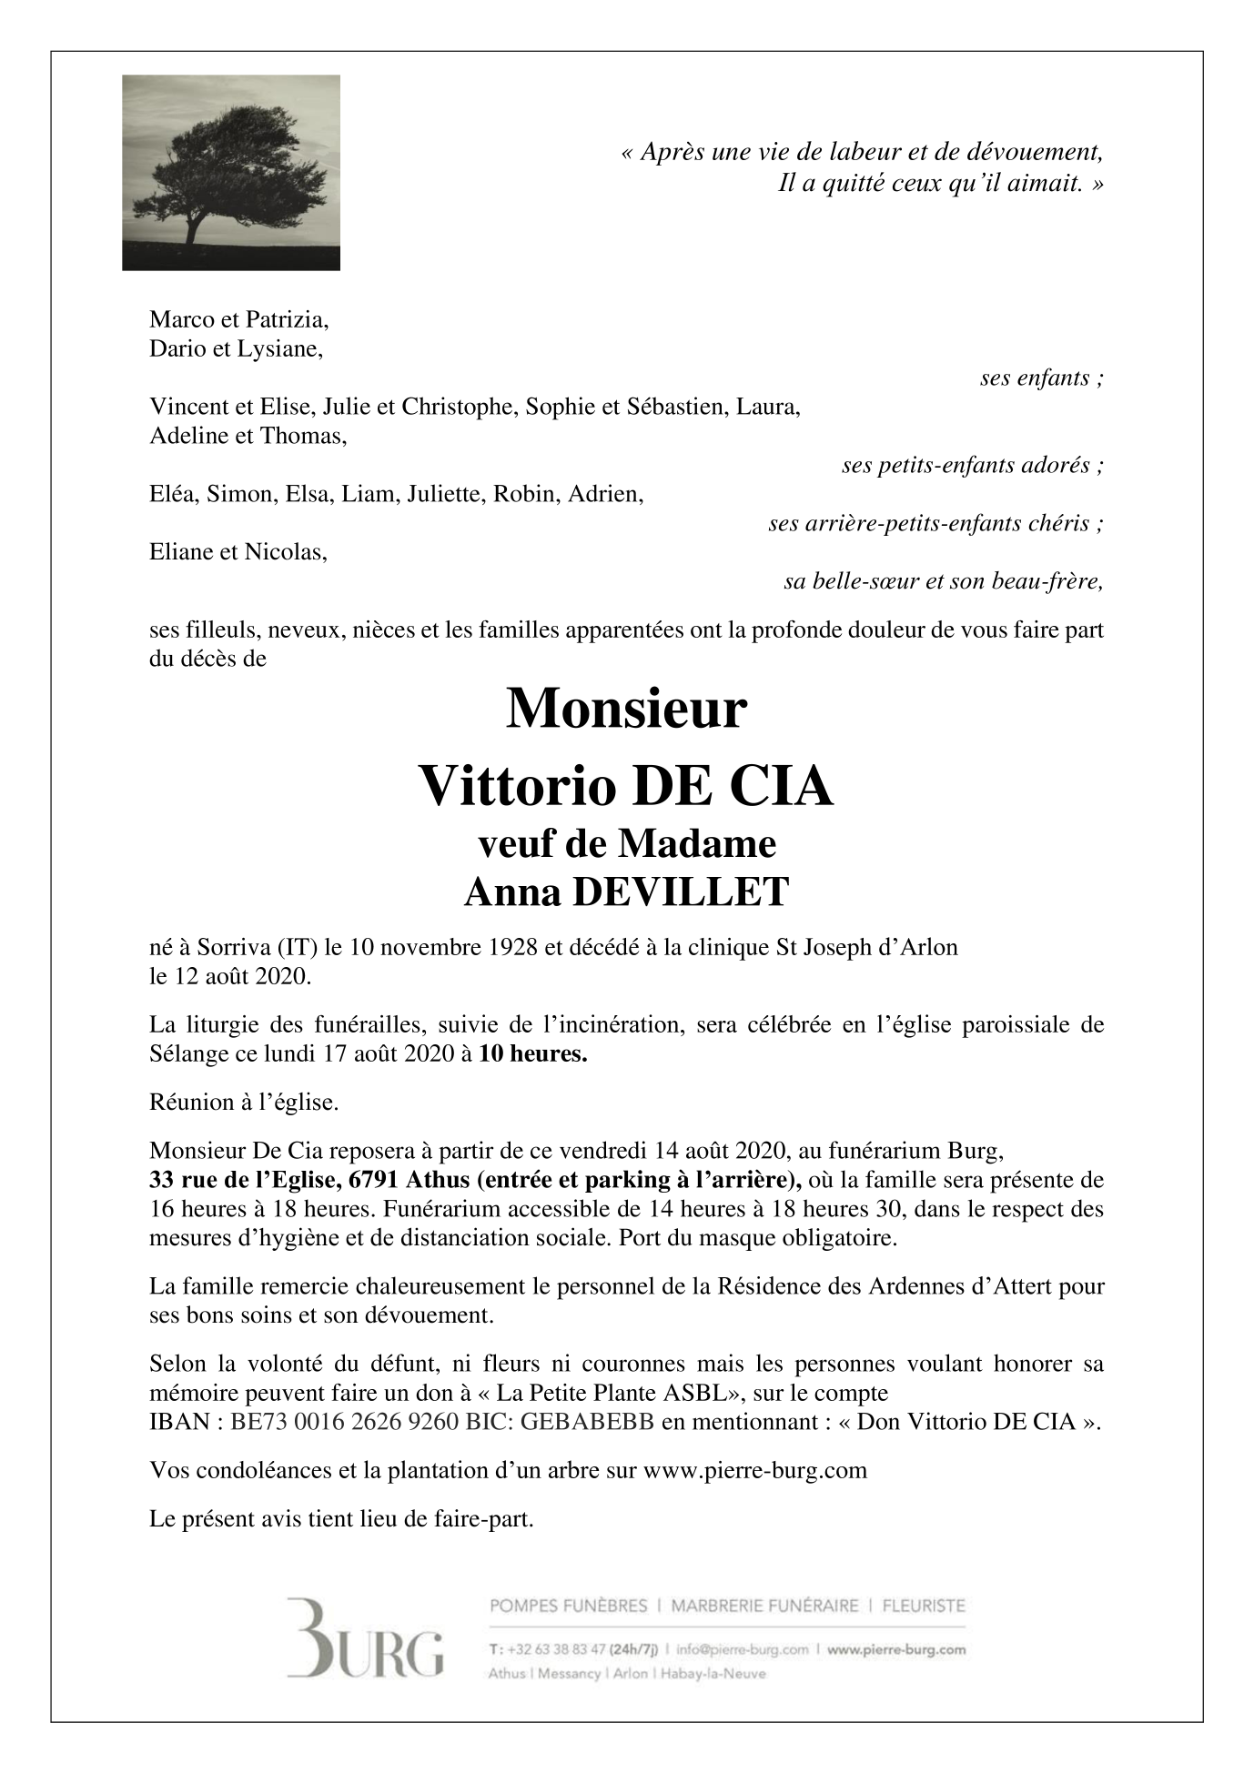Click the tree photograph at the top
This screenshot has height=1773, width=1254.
pos(231,173)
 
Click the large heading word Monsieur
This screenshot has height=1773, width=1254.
pos(626,710)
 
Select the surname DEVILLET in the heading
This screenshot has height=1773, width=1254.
pos(679,893)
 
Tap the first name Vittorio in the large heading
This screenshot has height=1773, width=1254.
pos(516,787)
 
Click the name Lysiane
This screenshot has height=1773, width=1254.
pos(279,349)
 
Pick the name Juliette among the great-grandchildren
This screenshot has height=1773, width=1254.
pos(446,495)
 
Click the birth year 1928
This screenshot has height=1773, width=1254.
pos(513,948)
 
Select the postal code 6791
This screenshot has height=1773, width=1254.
pos(373,1181)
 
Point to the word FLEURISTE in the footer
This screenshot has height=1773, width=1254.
pos(924,1607)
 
